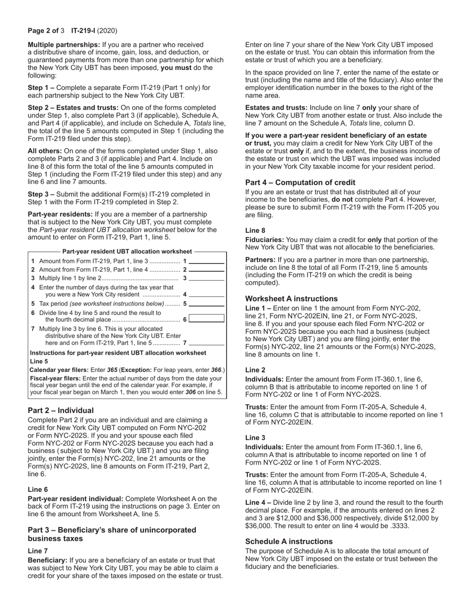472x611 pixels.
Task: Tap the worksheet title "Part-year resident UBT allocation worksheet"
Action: (x=127, y=252)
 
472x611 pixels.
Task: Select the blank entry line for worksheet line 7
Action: (x=207, y=343)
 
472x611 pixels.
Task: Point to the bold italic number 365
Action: (x=112, y=370)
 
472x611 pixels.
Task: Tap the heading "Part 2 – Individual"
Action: (x=61, y=410)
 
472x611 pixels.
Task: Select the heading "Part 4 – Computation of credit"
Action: (x=300, y=182)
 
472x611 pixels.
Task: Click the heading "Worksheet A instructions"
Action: (x=291, y=299)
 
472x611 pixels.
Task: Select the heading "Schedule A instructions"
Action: (x=289, y=541)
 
